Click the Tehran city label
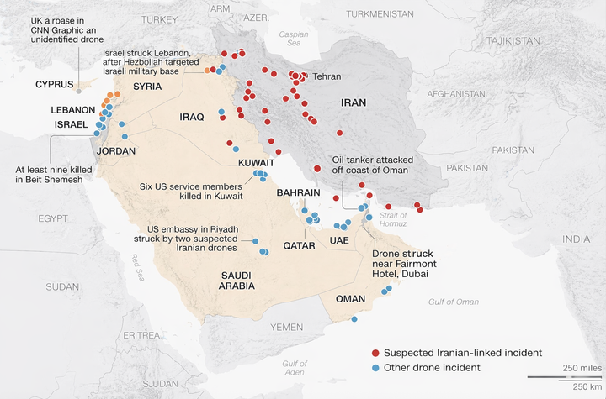click(x=327, y=76)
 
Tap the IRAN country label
click(x=353, y=102)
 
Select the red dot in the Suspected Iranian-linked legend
click(x=376, y=353)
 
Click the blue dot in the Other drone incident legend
click(x=376, y=367)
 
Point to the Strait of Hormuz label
click(x=393, y=220)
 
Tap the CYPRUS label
click(x=55, y=84)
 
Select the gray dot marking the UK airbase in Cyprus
click(x=79, y=92)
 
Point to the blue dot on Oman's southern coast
click(x=354, y=319)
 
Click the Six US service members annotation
click(x=193, y=191)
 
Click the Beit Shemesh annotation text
click(x=50, y=174)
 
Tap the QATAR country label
click(x=299, y=246)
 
